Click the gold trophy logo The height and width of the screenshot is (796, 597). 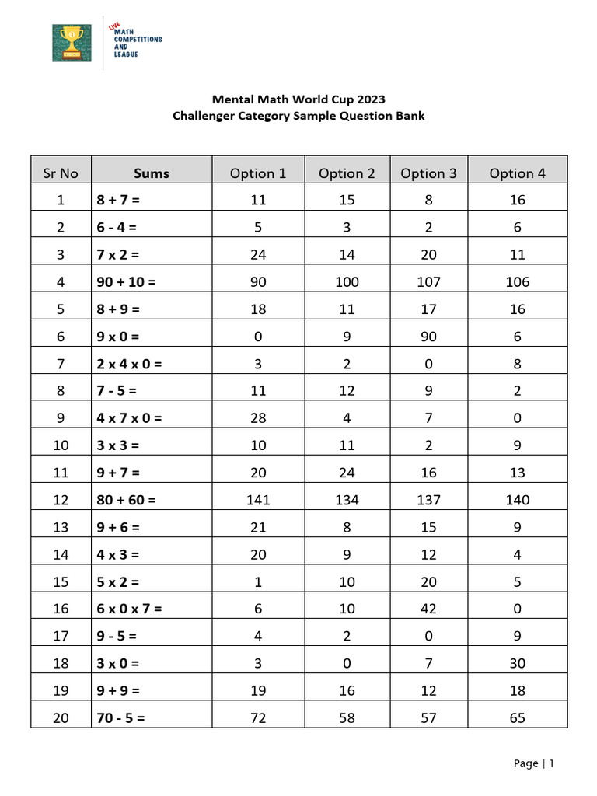click(x=72, y=43)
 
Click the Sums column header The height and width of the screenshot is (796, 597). click(x=151, y=173)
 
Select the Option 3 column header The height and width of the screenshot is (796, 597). click(x=428, y=173)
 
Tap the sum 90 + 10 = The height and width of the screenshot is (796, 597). click(x=127, y=281)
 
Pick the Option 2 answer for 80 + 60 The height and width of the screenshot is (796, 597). click(x=347, y=500)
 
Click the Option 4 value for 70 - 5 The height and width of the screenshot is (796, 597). click(x=518, y=717)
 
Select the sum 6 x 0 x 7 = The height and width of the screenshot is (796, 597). click(x=129, y=609)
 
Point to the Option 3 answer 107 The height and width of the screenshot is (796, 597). click(x=428, y=281)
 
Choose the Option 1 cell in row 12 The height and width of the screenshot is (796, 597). click(x=258, y=500)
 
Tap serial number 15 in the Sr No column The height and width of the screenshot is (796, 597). click(x=61, y=581)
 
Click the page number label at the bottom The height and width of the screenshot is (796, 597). click(x=534, y=763)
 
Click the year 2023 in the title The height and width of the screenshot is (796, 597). click(x=369, y=99)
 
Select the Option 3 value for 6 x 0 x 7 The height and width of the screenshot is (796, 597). click(x=428, y=609)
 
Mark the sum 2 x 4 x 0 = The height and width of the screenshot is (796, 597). click(x=129, y=363)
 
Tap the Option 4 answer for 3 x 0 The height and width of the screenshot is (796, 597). click(x=518, y=663)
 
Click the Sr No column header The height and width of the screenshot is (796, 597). click(x=61, y=173)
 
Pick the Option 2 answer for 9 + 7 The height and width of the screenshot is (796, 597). click(x=347, y=473)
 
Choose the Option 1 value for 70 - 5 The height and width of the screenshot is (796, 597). click(x=258, y=717)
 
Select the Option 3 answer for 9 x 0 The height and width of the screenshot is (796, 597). click(x=428, y=337)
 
